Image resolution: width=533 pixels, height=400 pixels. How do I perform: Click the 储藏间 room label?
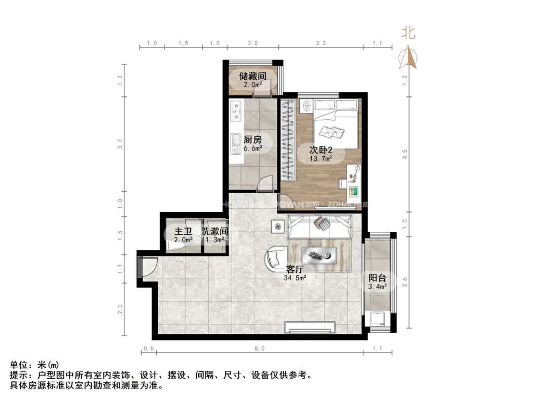(252, 76)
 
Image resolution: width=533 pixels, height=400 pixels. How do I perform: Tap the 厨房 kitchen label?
(252, 139)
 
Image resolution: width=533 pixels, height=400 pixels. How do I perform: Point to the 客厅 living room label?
(295, 269)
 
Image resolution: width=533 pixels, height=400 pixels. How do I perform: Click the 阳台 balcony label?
(377, 278)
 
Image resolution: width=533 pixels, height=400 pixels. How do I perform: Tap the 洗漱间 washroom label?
(215, 231)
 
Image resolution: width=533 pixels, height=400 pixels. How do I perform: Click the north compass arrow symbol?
(408, 58)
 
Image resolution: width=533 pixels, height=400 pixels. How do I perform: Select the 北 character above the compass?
(408, 33)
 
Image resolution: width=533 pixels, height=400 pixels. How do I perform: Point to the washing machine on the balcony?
(377, 318)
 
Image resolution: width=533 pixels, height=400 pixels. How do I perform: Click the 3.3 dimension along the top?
(321, 43)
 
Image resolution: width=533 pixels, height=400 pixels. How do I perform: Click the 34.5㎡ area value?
(295, 278)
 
